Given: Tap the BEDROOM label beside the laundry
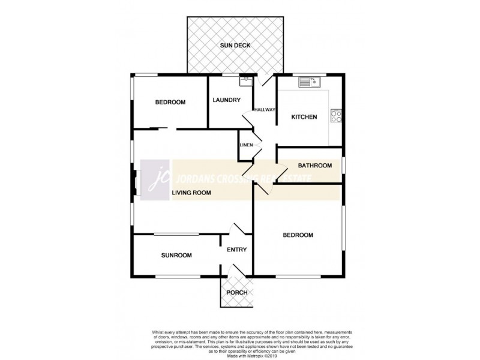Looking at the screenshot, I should tap(170, 102).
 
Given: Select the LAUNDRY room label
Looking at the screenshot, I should tap(227, 100).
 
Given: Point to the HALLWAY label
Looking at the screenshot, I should tap(264, 110).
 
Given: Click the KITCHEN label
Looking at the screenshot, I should tap(304, 117).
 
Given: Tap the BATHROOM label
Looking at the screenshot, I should tap(315, 166).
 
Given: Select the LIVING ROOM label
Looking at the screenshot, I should tap(191, 193).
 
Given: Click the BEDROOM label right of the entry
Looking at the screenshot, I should tap(298, 235).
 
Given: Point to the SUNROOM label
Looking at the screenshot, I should tap(176, 255).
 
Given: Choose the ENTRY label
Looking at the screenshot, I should tap(237, 250).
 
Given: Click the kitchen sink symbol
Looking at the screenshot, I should tap(311, 82).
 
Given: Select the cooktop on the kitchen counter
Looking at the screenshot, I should tap(336, 115).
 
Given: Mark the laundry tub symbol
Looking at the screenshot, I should tap(245, 80).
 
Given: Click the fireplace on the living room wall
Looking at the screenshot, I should tap(136, 184).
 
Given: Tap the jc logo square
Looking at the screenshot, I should tap(155, 179).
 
